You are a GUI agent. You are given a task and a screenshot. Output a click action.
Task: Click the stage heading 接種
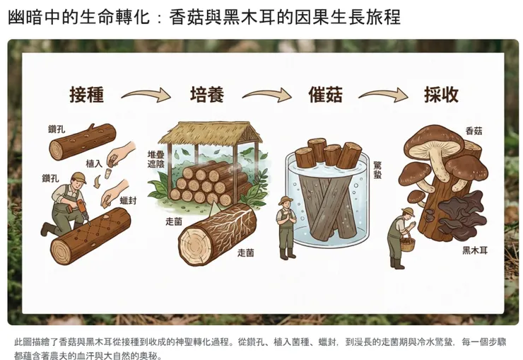coord(87,95)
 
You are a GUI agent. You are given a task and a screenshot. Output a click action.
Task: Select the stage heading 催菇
coord(326,95)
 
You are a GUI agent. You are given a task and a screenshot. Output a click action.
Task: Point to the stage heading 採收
coord(441,95)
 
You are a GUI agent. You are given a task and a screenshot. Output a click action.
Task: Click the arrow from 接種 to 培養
coord(146,95)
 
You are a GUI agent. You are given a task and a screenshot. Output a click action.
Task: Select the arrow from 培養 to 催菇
coord(266,95)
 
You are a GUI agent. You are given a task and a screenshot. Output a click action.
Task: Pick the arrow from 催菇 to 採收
coord(383,95)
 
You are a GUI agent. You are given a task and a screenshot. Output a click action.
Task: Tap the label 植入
coord(94,163)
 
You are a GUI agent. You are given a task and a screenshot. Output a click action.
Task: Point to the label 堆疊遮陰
coord(156,158)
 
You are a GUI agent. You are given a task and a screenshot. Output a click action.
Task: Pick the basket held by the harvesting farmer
coord(409,245)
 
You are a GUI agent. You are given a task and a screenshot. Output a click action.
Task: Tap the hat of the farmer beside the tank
coord(285,200)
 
